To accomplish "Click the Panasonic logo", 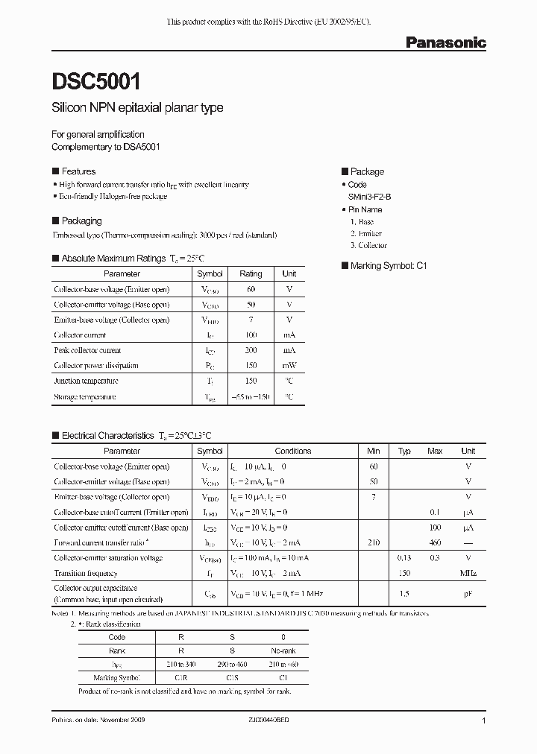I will [x=445, y=43].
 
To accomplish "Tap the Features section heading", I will [x=78, y=171].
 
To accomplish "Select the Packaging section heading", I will [x=81, y=221].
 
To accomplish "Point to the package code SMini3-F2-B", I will [x=374, y=196].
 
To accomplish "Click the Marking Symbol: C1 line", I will [x=389, y=265].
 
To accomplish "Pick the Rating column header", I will [x=251, y=273].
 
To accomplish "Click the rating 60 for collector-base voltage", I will [x=251, y=289].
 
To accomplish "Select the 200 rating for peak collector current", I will [x=251, y=350].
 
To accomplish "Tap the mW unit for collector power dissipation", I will [x=289, y=366].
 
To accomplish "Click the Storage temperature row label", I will [x=85, y=397].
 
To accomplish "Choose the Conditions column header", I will [x=292, y=451].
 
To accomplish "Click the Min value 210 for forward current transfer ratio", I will [x=373, y=543].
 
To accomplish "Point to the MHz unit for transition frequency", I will [x=468, y=574].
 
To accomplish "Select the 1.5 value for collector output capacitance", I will [x=404, y=593].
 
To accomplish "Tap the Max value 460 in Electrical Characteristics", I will [x=435, y=543].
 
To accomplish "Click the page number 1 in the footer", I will [x=484, y=721].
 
